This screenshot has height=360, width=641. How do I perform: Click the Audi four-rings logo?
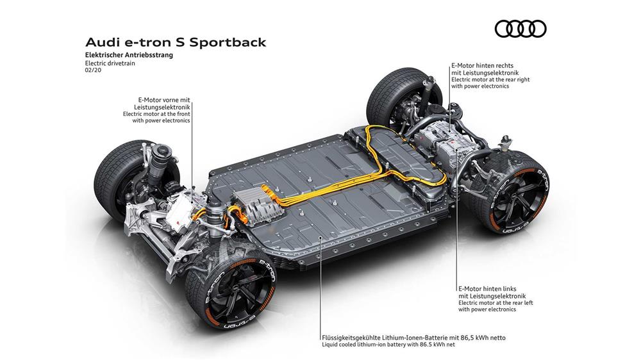[x=520, y=29]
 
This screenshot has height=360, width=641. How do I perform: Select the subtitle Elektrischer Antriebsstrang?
[x=129, y=55]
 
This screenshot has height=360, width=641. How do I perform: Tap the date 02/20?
[x=93, y=70]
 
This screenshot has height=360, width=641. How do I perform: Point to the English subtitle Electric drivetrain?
[x=110, y=63]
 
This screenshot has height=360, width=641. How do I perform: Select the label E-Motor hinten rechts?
[x=482, y=65]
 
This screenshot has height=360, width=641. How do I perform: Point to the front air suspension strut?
[x=162, y=163]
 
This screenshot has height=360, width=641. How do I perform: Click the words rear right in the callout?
[x=516, y=79]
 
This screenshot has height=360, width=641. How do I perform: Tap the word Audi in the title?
[x=100, y=42]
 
